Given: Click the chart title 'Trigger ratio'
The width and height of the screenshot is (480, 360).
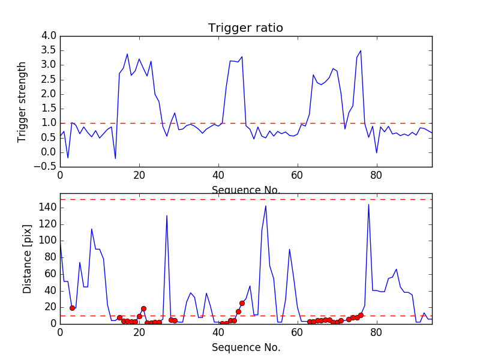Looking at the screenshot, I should [245, 28].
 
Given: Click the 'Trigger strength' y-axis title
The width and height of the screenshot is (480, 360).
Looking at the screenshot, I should [22, 101].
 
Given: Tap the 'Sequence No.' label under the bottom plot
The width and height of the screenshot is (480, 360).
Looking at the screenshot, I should [246, 347].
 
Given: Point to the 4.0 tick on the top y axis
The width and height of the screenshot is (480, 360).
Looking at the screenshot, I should [49, 36].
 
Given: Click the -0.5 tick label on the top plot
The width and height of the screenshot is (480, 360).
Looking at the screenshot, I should [46, 167].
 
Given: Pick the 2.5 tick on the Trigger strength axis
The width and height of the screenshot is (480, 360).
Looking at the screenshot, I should [49, 80].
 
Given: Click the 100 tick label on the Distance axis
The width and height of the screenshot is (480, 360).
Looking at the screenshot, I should [47, 241].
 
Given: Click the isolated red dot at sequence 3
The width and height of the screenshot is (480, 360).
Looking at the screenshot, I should [72, 308].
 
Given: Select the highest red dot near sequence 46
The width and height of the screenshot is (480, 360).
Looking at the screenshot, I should [242, 303].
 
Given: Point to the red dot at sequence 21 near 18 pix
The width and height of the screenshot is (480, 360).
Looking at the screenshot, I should [143, 308].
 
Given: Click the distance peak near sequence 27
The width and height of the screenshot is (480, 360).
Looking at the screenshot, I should [167, 215].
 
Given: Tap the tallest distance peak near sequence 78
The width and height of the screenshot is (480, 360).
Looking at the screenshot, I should [368, 205].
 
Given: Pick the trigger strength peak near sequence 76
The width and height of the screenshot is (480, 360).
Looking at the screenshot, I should [361, 51].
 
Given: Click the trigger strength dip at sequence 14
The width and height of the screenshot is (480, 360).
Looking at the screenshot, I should [115, 158].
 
